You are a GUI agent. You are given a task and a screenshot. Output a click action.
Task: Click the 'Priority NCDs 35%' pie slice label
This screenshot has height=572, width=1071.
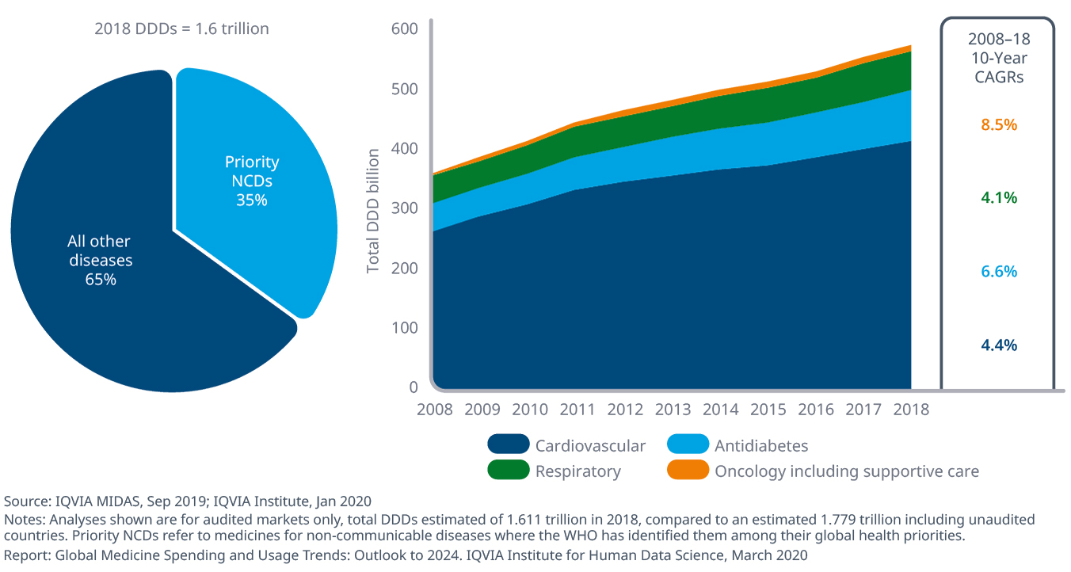point(252,181)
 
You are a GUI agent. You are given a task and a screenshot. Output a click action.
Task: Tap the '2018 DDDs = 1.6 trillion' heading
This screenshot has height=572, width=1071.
point(181,29)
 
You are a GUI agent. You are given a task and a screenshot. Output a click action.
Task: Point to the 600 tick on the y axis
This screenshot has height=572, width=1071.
point(404,29)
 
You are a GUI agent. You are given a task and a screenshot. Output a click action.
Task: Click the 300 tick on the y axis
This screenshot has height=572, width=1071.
point(404,208)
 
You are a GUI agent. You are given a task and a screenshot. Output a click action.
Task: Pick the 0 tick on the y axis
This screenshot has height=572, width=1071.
point(413,387)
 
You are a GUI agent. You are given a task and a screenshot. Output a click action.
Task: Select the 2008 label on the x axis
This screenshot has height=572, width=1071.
point(434,410)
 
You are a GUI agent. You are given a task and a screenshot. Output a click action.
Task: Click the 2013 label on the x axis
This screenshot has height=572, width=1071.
point(674,410)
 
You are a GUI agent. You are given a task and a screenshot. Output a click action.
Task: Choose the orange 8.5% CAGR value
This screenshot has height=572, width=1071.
point(999,124)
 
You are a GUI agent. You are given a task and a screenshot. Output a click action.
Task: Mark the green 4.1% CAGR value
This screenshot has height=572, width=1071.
point(999,198)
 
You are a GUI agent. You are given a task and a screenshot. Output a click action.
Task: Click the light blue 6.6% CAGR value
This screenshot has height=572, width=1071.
point(999,271)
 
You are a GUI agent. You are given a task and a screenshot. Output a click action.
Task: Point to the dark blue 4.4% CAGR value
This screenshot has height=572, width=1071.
point(999,345)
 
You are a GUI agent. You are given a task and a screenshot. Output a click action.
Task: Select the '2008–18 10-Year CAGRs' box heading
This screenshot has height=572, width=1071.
point(999,57)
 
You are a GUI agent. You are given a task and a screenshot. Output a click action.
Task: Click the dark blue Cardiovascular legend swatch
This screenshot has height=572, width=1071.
point(508,445)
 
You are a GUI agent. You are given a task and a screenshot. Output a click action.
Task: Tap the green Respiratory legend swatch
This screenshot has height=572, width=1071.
point(508,471)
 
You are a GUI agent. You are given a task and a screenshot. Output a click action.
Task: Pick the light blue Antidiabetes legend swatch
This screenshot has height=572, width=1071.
point(688,445)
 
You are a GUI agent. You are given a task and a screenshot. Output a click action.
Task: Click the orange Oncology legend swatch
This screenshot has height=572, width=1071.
point(688,471)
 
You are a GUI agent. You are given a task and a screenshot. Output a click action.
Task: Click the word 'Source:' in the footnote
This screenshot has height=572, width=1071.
point(27,501)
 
